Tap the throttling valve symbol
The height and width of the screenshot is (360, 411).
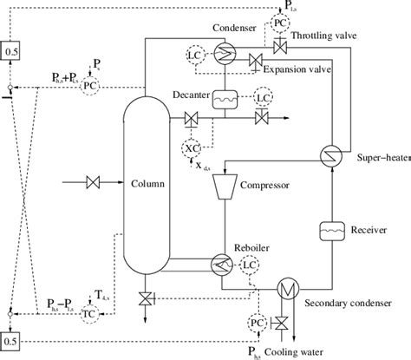[x=279, y=44]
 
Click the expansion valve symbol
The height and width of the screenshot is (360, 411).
[x=256, y=59]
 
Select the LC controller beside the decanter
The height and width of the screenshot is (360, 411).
[x=263, y=98]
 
